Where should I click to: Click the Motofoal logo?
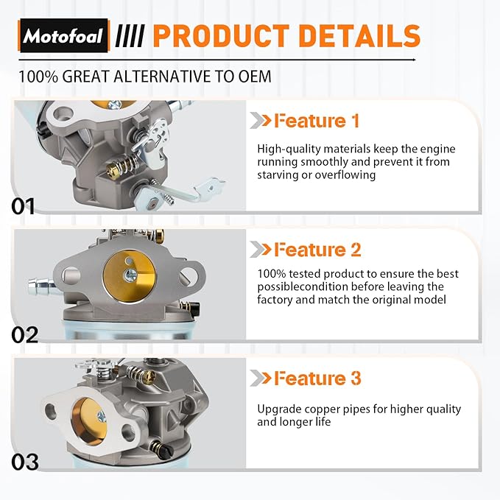(64, 35)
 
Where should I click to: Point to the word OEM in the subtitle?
(255, 77)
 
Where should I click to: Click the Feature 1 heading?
(317, 121)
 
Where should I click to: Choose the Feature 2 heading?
(317, 250)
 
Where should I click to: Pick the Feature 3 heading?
(317, 378)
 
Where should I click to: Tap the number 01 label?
(23, 206)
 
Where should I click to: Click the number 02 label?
(24, 335)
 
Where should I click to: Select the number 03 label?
(25, 462)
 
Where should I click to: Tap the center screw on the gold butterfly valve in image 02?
(130, 275)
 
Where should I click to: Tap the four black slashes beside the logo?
(130, 35)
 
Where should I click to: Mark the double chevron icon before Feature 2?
(260, 250)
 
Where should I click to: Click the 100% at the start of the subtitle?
(38, 77)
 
